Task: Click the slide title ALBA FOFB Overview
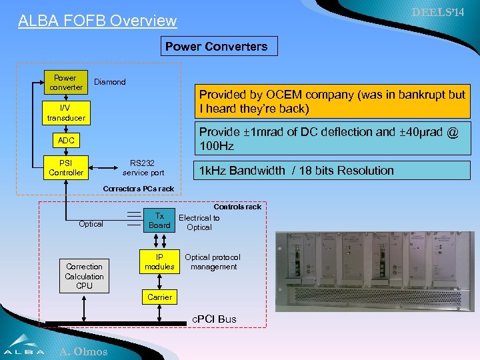pyautogui.click(x=97, y=21)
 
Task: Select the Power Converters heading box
pyautogui.click(x=216, y=46)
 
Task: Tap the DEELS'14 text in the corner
pyautogui.click(x=438, y=13)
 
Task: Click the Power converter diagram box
pyautogui.click(x=65, y=83)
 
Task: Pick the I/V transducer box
pyautogui.click(x=65, y=113)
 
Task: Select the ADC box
pyautogui.click(x=65, y=141)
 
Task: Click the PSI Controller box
pyautogui.click(x=65, y=167)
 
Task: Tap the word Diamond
pyautogui.click(x=110, y=82)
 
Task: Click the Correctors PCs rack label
pyautogui.click(x=138, y=189)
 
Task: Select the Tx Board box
pyautogui.click(x=159, y=221)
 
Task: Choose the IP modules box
pyautogui.click(x=159, y=262)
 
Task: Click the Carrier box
pyautogui.click(x=159, y=297)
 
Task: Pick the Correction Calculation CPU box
pyautogui.click(x=84, y=276)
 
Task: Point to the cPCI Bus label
pyautogui.click(x=214, y=319)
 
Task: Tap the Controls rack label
pyautogui.click(x=237, y=207)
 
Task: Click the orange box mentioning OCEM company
pyautogui.click(x=331, y=101)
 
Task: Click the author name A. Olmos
pyautogui.click(x=83, y=351)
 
